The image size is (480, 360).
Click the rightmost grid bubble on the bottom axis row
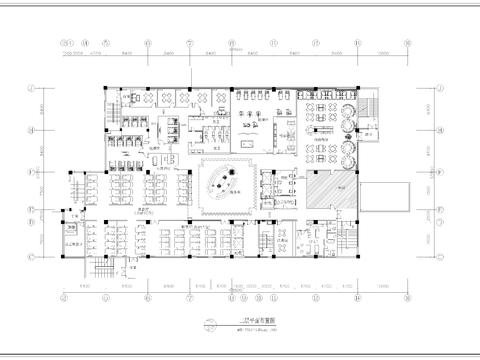[407, 298]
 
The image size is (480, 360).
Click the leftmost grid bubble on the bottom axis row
[65, 298]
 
